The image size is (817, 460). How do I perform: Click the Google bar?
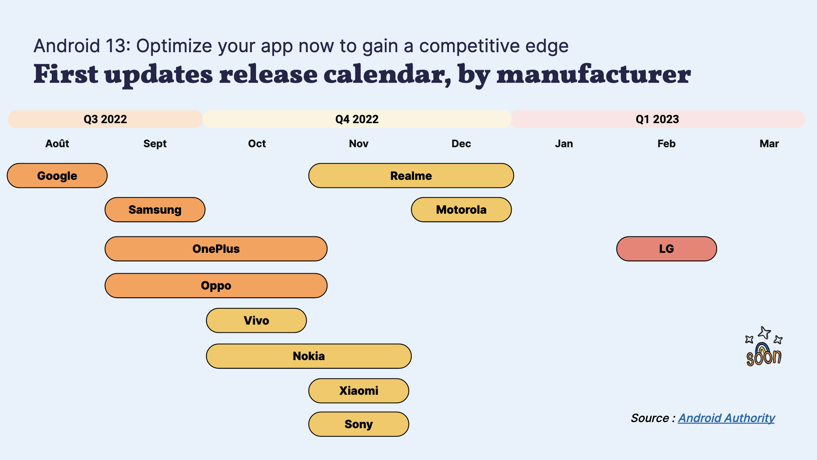coord(57,176)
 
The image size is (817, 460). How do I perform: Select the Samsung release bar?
coord(155,210)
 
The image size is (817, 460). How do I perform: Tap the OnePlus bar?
coord(216,249)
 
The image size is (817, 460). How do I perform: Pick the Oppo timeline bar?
coord(216,285)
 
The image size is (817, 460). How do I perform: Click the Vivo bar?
coord(256,321)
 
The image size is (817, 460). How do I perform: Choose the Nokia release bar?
coord(309,356)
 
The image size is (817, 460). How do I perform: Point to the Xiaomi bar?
coord(359,391)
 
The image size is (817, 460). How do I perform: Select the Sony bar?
coord(359,424)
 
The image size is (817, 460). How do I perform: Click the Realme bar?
coord(411,176)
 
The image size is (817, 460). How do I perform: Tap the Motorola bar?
coord(461,210)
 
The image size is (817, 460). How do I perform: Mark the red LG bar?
coord(667,249)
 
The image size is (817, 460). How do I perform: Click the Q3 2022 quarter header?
coord(105,119)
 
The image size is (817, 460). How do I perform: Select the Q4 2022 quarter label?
coord(357,119)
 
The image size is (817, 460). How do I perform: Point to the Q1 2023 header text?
coord(657,119)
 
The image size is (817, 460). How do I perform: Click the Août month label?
coord(57,143)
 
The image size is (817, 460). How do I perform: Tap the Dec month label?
coord(461,144)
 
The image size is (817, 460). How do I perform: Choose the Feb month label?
coord(667,144)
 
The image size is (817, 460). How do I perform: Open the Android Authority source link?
coord(726,418)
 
